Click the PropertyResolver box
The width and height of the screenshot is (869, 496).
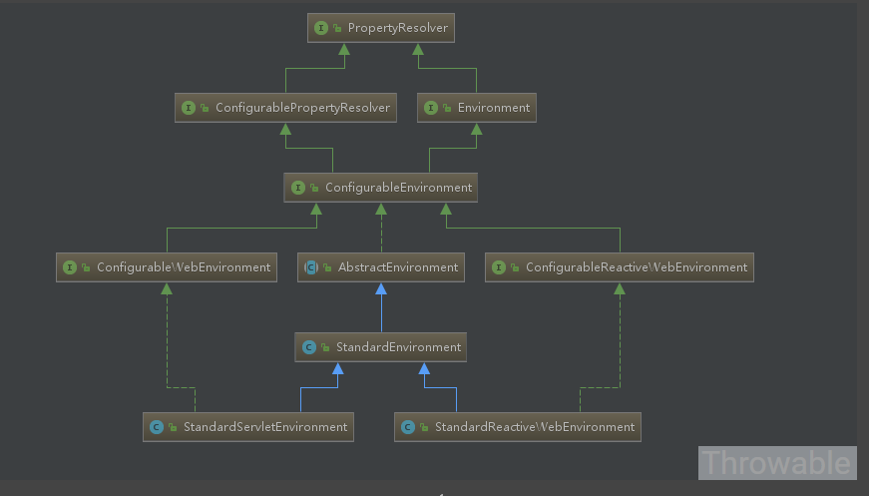click(x=381, y=28)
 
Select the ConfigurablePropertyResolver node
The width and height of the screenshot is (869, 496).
click(x=285, y=108)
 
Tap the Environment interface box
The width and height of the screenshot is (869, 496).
click(x=477, y=108)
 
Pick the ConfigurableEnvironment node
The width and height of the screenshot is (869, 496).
click(x=381, y=188)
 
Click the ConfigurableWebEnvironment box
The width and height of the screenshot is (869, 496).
click(x=167, y=267)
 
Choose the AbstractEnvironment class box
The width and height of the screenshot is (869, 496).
click(x=381, y=267)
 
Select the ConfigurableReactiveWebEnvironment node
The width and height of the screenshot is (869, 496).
click(x=619, y=267)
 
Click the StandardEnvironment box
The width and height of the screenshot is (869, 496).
click(x=381, y=347)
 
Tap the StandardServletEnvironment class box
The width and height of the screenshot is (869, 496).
click(x=248, y=427)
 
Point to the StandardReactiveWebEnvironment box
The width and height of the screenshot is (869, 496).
click(x=518, y=427)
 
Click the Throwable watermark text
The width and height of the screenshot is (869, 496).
click(x=776, y=463)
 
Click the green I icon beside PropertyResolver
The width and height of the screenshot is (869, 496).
click(x=321, y=28)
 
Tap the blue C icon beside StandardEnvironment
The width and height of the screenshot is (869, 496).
click(x=308, y=347)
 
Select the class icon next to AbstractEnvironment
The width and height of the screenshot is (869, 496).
click(x=311, y=267)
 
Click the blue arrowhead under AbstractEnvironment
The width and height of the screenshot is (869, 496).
click(x=381, y=288)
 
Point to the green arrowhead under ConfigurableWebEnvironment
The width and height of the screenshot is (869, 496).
click(x=167, y=288)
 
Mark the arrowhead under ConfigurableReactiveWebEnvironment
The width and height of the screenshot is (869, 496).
click(x=620, y=288)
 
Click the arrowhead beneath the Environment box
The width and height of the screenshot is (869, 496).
click(x=476, y=129)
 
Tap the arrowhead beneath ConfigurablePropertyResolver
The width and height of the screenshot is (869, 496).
click(x=285, y=129)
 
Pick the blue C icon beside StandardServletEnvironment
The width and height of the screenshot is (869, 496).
click(x=157, y=427)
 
